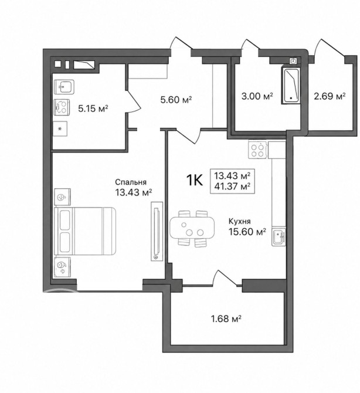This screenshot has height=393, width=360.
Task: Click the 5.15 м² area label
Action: pos(93,109)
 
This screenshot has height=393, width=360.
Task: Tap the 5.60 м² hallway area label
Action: pos(176,100)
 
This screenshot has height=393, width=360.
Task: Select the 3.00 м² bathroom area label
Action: pos(257,96)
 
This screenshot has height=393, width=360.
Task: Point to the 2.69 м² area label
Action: pos(330,96)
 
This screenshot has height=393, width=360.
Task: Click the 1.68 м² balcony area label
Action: pos(226,319)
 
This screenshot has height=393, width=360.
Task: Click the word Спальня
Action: pos(131,182)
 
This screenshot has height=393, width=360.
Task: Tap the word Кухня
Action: pos(239,221)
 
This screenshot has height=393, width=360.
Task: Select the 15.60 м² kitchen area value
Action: pos(247,232)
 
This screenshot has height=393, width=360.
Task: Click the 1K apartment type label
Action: pos(195,180)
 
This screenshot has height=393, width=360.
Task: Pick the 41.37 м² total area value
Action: pos(232,187)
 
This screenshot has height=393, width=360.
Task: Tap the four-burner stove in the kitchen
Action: pos(258,150)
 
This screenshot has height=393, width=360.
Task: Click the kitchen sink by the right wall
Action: pos(279,237)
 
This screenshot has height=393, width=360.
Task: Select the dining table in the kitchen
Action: pos(192,228)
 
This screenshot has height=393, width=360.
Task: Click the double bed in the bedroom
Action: pos(85,231)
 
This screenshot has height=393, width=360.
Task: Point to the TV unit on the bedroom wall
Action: pos(157,231)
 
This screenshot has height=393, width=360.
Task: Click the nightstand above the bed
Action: pos(62,197)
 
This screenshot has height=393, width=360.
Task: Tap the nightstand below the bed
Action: pos(62,267)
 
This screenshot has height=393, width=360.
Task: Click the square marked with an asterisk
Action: pos(60,129)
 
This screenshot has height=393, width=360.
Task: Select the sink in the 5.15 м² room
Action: pos(64,87)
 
